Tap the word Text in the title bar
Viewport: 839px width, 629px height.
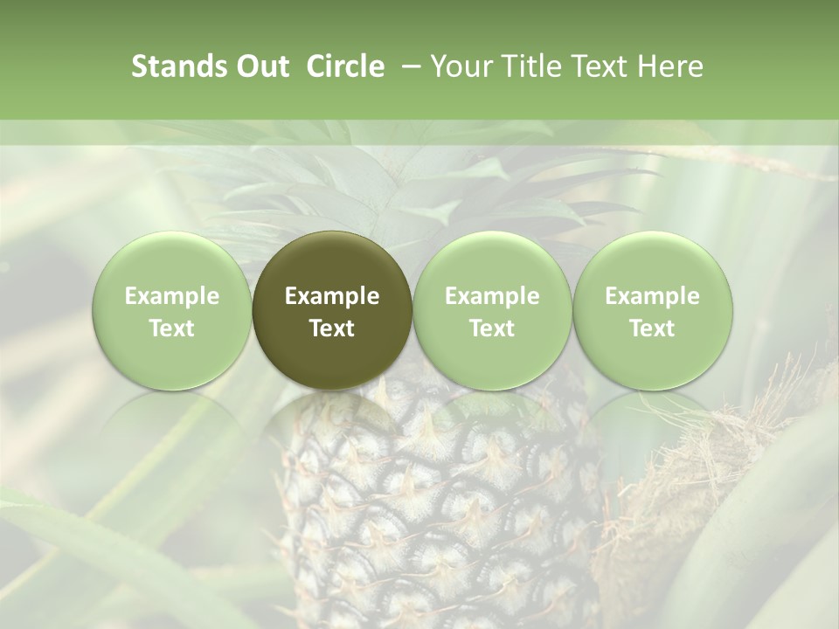point(598,66)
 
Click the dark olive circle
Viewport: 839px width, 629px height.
point(332,262)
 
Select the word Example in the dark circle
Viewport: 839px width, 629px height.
point(332,296)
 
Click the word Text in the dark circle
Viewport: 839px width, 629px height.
point(332,328)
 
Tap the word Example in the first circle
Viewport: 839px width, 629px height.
point(172,296)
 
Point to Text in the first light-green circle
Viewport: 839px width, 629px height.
point(172,328)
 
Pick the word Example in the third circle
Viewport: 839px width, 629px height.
point(492,296)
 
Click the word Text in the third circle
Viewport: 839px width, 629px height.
point(492,328)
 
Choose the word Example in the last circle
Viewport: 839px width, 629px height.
point(652,296)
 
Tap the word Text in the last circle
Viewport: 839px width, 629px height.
point(652,328)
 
